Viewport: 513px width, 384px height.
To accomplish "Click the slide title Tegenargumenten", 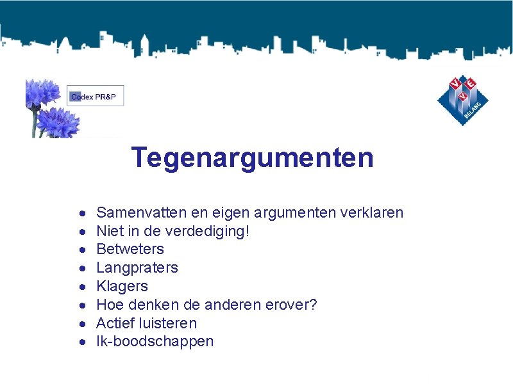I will (x=252, y=157).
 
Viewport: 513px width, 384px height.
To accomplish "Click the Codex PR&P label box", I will (x=96, y=96).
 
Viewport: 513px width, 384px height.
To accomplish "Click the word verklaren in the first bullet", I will (x=373, y=212).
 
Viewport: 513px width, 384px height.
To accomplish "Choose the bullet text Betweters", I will (x=130, y=250).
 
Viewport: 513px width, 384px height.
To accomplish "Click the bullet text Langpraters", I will (x=137, y=268).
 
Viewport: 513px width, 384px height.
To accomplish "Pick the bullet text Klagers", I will (x=122, y=286).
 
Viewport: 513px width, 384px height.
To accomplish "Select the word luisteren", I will (x=167, y=323).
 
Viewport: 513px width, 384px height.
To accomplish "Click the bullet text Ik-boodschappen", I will (x=155, y=342).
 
